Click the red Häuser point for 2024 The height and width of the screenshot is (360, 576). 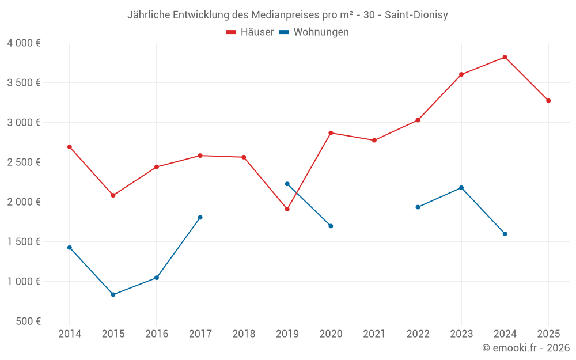pos(505,57)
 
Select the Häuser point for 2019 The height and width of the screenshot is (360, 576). pos(287,209)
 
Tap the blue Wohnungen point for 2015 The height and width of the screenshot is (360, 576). pos(113,294)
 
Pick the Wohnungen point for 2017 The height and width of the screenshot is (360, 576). pos(200,217)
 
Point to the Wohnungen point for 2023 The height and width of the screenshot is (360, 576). pos(461,188)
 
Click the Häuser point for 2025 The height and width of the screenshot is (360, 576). pos(548,101)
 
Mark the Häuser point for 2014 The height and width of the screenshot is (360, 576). pos(70,147)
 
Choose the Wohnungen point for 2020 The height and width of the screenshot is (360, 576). pos(331,226)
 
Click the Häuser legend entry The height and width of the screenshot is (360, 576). pos(250,32)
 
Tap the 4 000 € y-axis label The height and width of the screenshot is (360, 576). pos(24,43)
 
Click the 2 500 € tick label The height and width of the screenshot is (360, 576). pos(24,162)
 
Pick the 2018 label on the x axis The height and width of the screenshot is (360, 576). pos(244,334)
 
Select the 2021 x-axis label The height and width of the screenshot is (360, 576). pos(374,334)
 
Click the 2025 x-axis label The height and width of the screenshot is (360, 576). pos(548,334)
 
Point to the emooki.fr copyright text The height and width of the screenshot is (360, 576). pos(526,348)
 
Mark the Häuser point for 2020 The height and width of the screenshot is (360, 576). pos(331,133)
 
